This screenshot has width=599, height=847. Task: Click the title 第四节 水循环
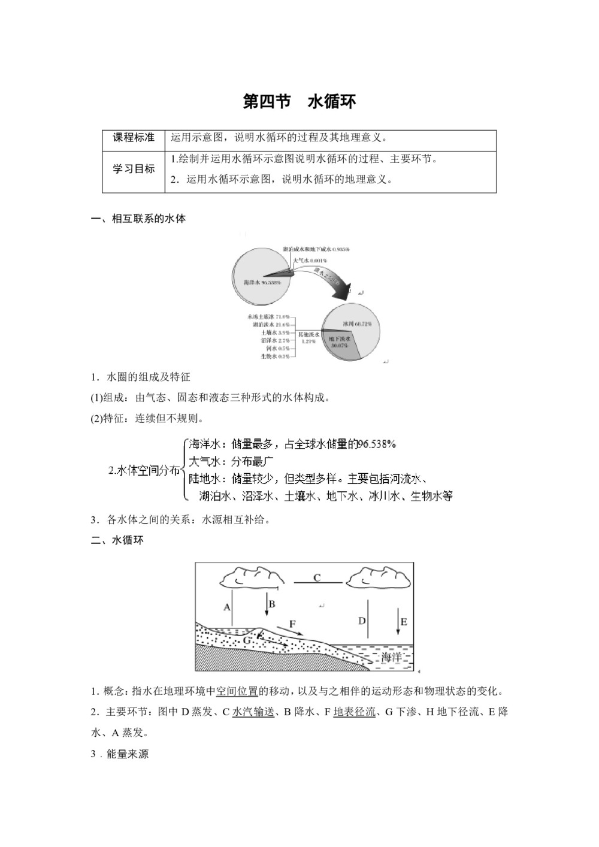click(299, 101)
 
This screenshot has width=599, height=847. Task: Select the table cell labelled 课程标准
click(134, 138)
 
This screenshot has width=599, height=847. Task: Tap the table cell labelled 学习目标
click(134, 169)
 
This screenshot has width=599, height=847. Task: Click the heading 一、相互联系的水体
click(138, 219)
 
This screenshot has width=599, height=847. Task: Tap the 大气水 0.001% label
click(310, 261)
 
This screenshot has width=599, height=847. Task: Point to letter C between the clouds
click(317, 578)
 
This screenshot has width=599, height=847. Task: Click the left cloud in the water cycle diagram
click(249, 577)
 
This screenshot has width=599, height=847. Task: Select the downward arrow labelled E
click(398, 623)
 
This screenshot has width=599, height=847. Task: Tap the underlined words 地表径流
click(355, 712)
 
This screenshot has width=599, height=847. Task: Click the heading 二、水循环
click(117, 540)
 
